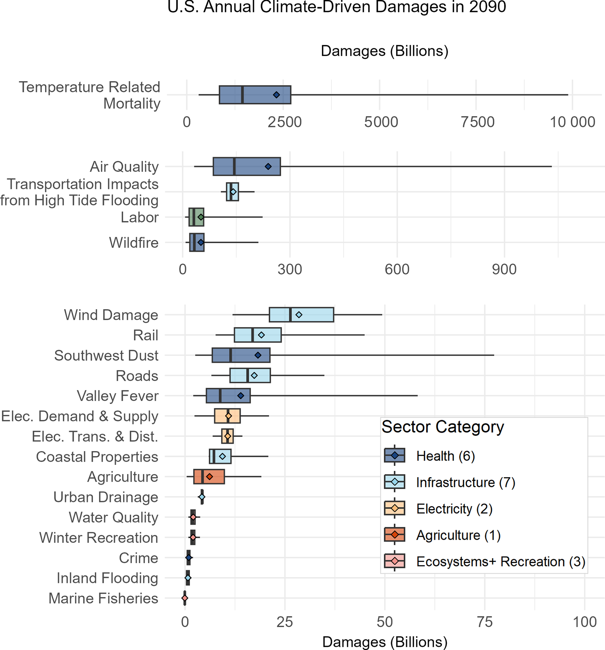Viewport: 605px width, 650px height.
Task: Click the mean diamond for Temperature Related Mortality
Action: [x=277, y=95]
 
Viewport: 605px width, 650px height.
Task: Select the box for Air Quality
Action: [x=246, y=166]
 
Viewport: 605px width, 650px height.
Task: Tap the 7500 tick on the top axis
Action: [x=477, y=122]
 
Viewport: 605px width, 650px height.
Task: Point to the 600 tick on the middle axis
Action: [x=397, y=269]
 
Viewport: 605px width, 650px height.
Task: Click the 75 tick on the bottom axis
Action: [x=485, y=622]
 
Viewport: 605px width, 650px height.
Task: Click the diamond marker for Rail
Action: [x=261, y=335]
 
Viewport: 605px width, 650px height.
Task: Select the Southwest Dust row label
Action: [x=106, y=355]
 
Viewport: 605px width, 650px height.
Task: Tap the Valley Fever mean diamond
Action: [x=241, y=395]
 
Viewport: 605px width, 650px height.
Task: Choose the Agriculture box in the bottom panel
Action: [x=209, y=476]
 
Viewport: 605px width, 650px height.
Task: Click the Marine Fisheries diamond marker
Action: [x=184, y=598]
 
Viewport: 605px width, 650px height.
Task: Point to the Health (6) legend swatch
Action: [x=394, y=455]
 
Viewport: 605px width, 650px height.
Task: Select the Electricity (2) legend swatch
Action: [x=394, y=508]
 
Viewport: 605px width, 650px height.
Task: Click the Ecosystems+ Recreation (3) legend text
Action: [x=501, y=561]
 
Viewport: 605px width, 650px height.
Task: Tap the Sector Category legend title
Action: [x=443, y=427]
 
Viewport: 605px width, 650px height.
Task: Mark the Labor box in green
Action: [x=196, y=217]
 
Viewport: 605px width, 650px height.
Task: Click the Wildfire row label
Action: [x=133, y=243]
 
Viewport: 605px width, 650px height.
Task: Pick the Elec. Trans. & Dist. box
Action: [x=227, y=436]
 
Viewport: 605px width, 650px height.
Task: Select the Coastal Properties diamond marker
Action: [x=222, y=456]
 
